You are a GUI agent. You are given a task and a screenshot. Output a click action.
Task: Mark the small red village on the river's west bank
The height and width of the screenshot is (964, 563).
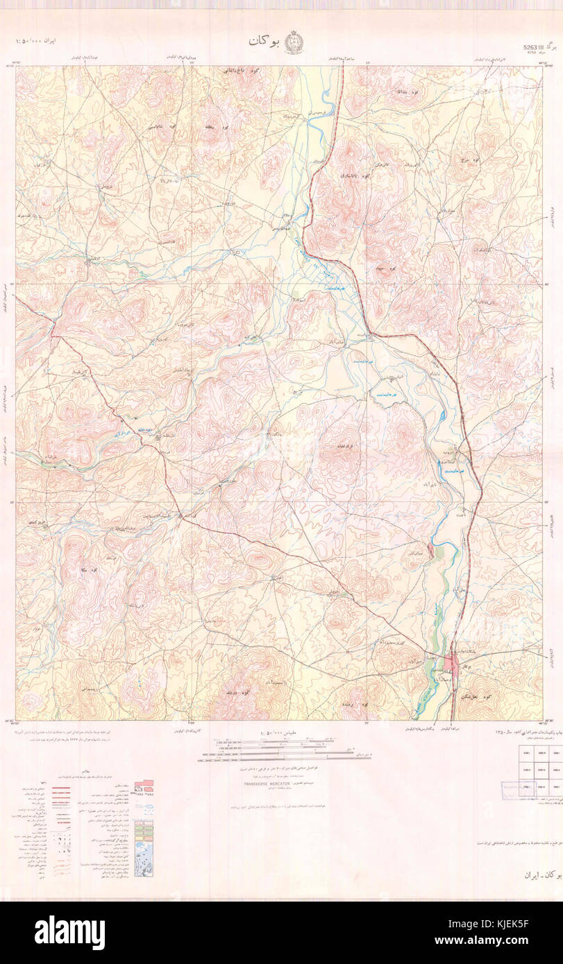click(x=432, y=551)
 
